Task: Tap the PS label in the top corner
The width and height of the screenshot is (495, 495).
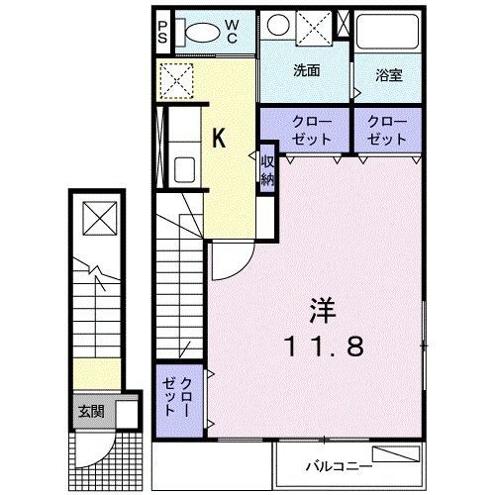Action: pyautogui.click(x=163, y=30)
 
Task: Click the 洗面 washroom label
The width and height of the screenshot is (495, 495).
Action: pyautogui.click(x=306, y=71)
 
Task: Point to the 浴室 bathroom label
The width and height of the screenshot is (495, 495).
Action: pyautogui.click(x=387, y=74)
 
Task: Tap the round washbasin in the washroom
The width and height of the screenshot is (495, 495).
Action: pyautogui.click(x=279, y=27)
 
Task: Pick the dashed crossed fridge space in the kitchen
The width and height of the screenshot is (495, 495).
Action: pyautogui.click(x=179, y=80)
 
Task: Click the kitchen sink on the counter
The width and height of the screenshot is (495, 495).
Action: pyautogui.click(x=184, y=168)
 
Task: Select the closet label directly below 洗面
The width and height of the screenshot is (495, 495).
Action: pyautogui.click(x=307, y=128)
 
